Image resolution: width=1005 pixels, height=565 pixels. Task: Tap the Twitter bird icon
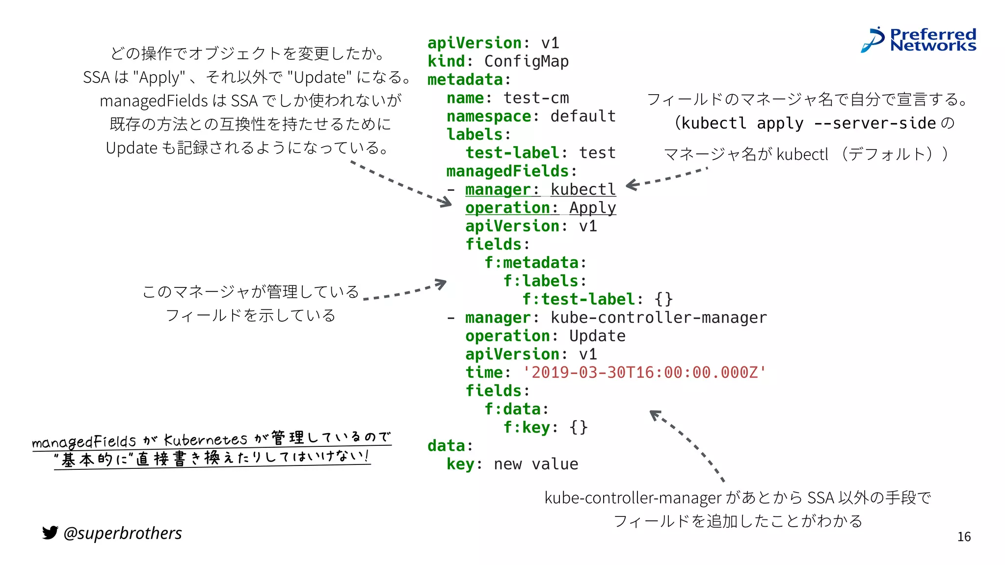click(50, 533)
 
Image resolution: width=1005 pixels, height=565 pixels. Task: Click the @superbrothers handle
click(123, 533)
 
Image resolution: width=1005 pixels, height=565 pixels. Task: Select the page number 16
click(964, 537)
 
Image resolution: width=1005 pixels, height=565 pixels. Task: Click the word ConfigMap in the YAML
click(526, 61)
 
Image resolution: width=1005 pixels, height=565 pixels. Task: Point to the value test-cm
click(536, 98)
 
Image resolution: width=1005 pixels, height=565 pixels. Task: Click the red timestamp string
click(644, 372)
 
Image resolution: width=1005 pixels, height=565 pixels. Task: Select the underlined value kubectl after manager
click(583, 189)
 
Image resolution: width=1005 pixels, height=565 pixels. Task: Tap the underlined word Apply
click(592, 208)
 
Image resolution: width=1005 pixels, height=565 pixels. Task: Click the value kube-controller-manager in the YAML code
click(658, 318)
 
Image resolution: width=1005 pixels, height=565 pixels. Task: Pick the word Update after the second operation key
click(597, 336)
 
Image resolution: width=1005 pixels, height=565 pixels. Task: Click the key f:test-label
click(579, 299)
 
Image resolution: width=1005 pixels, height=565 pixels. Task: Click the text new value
click(536, 464)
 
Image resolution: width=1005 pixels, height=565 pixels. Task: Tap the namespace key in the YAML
click(489, 116)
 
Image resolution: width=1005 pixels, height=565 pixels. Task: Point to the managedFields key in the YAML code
click(507, 171)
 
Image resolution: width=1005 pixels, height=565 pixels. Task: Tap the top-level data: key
click(446, 446)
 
